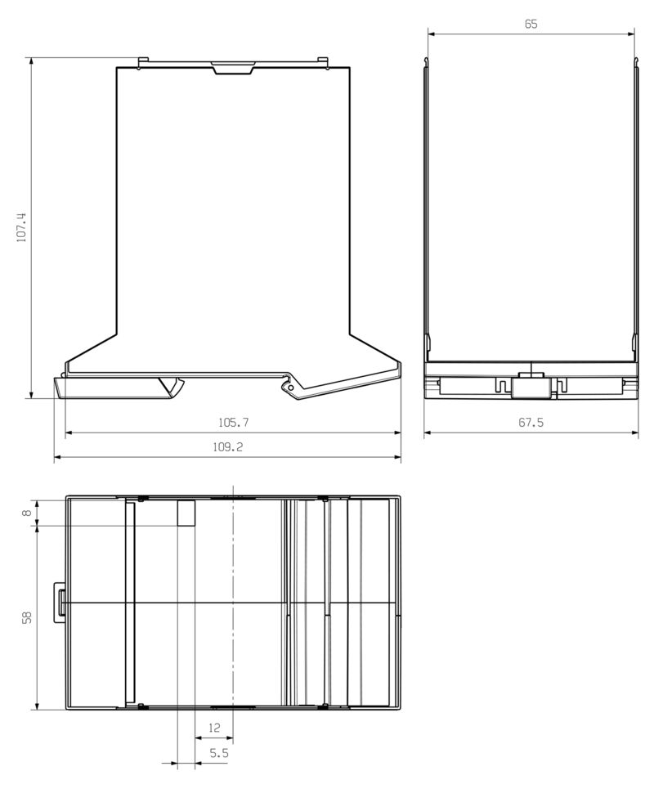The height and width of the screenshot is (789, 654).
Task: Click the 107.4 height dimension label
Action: pos(22,227)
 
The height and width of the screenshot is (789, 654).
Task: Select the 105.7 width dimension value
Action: pos(233,423)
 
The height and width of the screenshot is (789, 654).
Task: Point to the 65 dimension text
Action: pos(531,25)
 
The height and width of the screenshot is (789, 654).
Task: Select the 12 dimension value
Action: pos(214,727)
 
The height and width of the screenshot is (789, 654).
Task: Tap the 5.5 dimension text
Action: pos(218,753)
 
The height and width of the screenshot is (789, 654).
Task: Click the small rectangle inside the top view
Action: pos(186,513)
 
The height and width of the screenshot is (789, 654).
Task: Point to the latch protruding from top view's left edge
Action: pos(60,603)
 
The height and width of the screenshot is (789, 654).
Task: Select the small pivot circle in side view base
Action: pos(284,382)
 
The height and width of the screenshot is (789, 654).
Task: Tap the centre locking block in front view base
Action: pos(530,384)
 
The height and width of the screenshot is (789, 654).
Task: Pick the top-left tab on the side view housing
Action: pos(143,61)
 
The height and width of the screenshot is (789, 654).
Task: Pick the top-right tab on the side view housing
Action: pos(322,61)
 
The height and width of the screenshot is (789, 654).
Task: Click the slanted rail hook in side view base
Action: pos(173,385)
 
